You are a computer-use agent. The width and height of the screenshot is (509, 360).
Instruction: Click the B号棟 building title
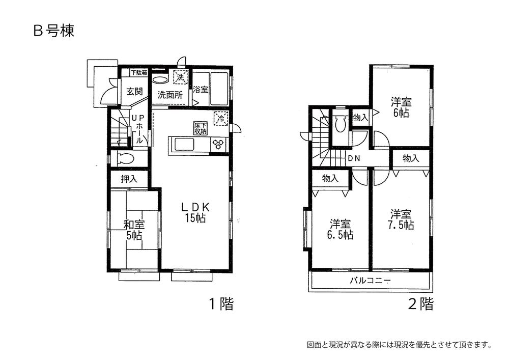[x=54, y=31]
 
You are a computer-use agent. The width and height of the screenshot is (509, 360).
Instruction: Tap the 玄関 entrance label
[x=134, y=92]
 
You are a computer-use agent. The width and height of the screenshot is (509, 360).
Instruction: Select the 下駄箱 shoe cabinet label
[x=139, y=73]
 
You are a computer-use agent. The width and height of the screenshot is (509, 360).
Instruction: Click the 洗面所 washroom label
[x=170, y=95]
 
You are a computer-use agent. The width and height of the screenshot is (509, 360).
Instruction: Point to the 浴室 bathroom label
[x=201, y=90]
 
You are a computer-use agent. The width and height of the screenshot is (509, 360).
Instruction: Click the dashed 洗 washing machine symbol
[x=180, y=77]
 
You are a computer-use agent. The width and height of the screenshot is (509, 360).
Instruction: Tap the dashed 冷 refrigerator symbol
[x=221, y=118]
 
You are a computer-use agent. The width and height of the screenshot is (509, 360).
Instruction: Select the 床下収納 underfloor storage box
[x=201, y=128]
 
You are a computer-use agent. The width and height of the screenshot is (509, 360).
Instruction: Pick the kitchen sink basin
[x=184, y=145]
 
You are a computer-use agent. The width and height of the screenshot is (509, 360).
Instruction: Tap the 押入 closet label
[x=129, y=179]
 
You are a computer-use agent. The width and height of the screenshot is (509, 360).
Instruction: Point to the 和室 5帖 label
[x=134, y=230]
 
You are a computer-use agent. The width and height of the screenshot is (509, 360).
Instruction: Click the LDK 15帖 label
[x=196, y=213]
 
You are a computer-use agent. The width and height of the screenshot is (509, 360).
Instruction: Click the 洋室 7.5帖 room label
[x=402, y=219]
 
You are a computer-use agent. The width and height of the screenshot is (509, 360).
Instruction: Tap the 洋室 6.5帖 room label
[x=340, y=229]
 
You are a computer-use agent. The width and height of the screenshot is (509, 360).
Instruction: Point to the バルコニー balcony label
[x=370, y=281]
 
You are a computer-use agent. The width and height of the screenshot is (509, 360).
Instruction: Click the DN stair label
[x=354, y=158]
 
